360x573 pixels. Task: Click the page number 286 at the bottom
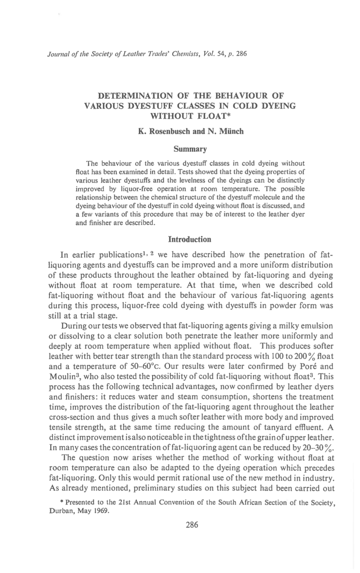192,525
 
